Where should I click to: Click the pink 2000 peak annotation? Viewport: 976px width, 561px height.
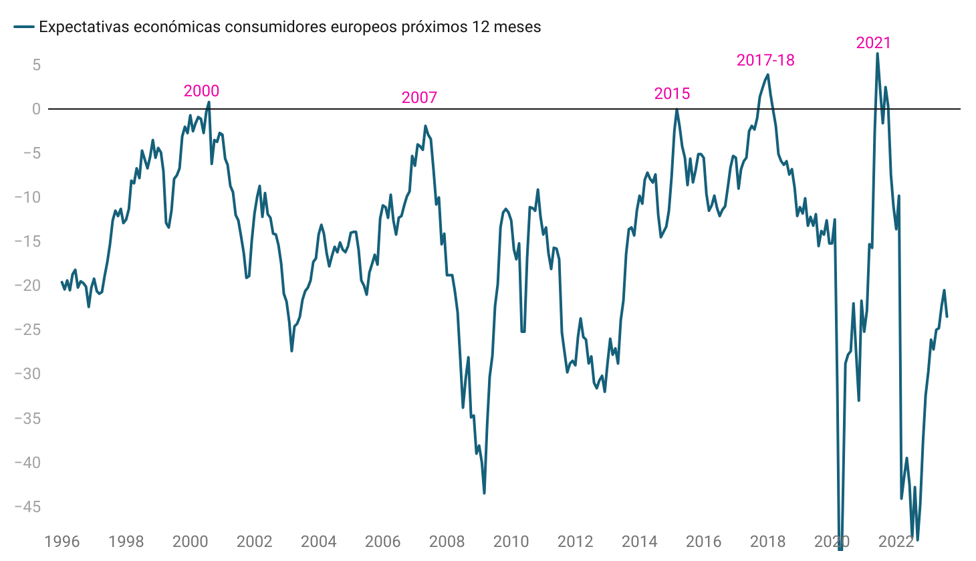(x=201, y=91)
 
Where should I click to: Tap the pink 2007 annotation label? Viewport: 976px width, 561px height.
(x=419, y=98)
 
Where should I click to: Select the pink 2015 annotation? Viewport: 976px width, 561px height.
(x=672, y=94)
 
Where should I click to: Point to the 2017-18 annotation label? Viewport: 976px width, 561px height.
(x=765, y=60)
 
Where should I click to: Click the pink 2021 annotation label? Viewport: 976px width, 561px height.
(x=873, y=43)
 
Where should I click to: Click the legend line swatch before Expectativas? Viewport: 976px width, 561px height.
(x=24, y=27)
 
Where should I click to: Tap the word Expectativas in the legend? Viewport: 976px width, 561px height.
(x=84, y=27)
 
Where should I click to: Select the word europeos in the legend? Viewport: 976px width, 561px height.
(x=330, y=27)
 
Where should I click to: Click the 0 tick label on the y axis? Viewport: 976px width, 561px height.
(x=36, y=109)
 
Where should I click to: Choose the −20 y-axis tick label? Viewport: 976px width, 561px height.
(x=27, y=286)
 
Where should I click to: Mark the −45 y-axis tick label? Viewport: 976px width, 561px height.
(x=27, y=507)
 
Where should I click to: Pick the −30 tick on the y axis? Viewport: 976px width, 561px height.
(x=27, y=374)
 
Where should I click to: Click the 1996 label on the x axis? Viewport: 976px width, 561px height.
(x=62, y=542)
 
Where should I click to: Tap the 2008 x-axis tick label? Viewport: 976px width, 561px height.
(x=447, y=542)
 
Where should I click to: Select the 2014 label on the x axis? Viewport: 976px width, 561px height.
(x=639, y=542)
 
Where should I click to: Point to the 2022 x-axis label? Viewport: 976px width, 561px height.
(x=896, y=542)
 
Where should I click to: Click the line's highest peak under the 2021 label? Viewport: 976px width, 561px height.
(x=877, y=53)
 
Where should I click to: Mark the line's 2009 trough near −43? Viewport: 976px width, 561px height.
(x=484, y=493)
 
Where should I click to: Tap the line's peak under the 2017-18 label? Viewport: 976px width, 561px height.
(x=767, y=74)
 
